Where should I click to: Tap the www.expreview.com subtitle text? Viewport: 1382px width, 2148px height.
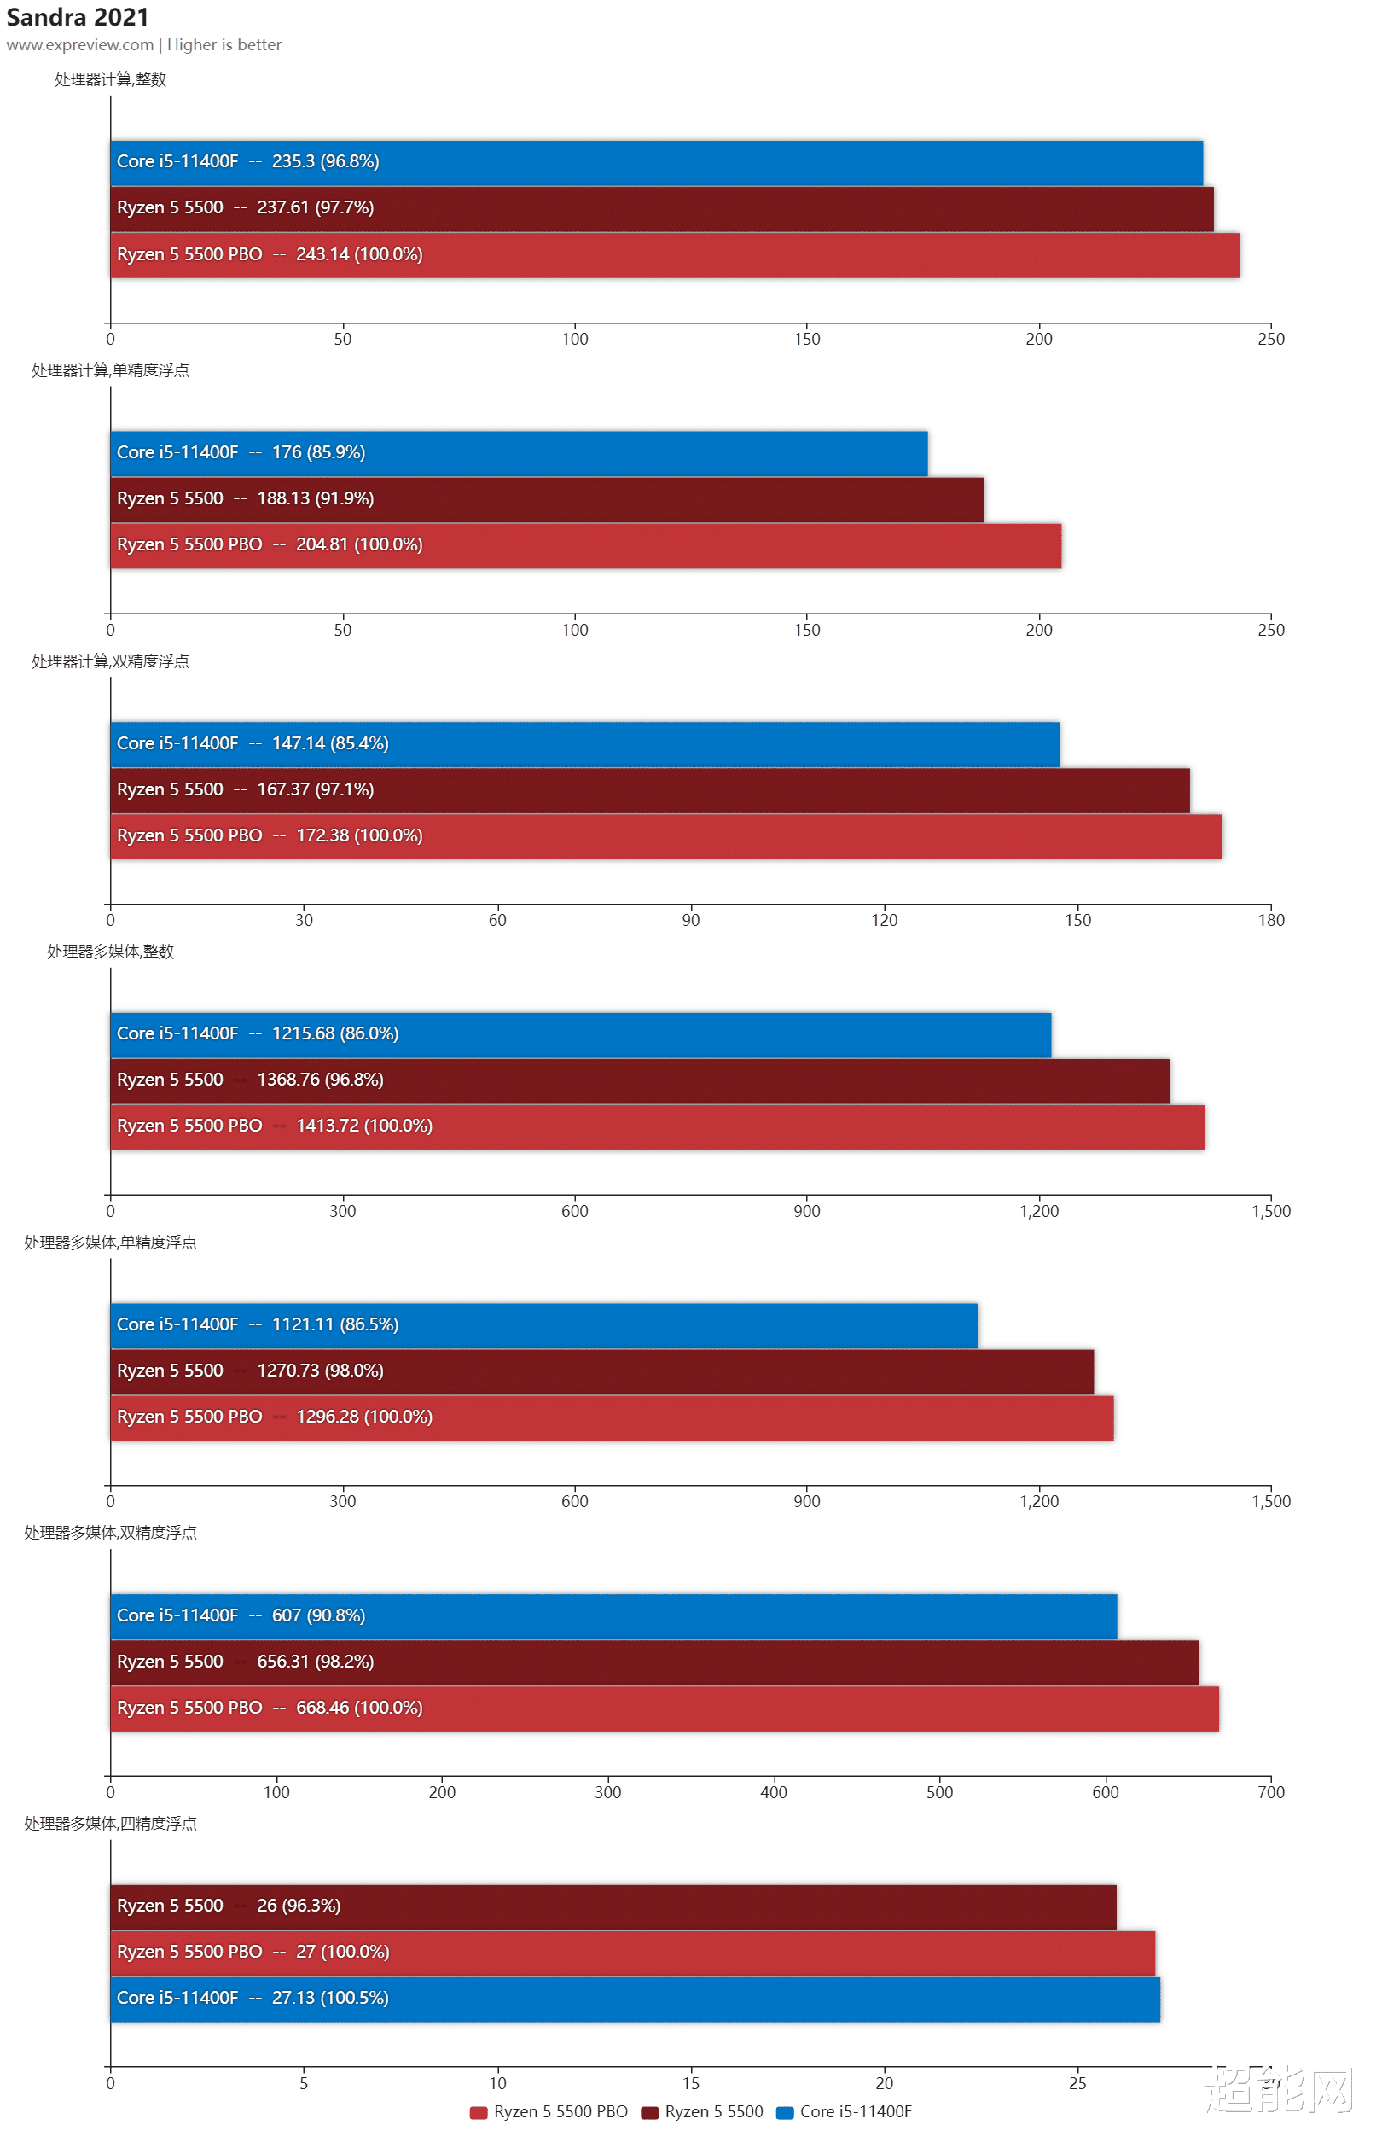(80, 45)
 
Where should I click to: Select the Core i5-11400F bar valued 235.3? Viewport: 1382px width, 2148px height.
(655, 162)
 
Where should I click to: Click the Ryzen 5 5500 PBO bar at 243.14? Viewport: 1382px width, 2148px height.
(673, 255)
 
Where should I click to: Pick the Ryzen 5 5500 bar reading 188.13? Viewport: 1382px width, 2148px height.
(547, 499)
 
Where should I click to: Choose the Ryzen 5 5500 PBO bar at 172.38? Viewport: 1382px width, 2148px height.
(665, 836)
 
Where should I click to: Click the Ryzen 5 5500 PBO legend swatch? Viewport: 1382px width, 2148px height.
(479, 2112)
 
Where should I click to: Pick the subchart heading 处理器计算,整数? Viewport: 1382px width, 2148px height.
(110, 80)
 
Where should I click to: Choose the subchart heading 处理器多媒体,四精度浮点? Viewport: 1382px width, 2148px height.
(110, 1824)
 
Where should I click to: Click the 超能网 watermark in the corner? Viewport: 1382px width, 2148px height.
(1278, 2090)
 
